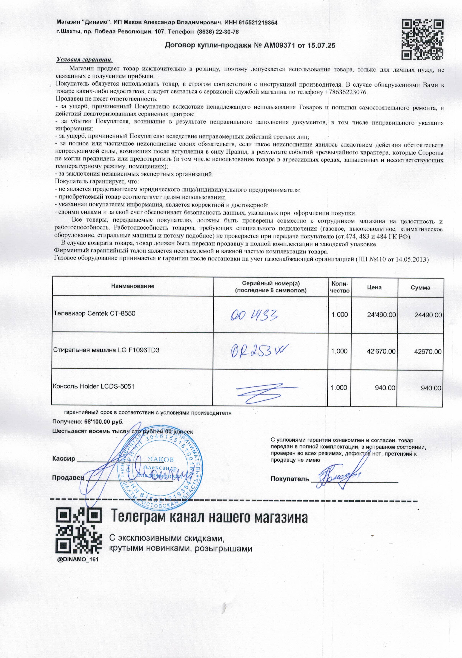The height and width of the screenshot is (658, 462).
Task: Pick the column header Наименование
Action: pos(133,286)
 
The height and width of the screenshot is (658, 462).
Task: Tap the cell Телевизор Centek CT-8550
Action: pos(94,313)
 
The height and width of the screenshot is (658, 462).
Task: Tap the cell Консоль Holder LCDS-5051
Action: pos(94,386)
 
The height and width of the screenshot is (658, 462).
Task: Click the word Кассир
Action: pos(63,458)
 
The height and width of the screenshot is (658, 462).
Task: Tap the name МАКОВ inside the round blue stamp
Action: pos(160,459)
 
